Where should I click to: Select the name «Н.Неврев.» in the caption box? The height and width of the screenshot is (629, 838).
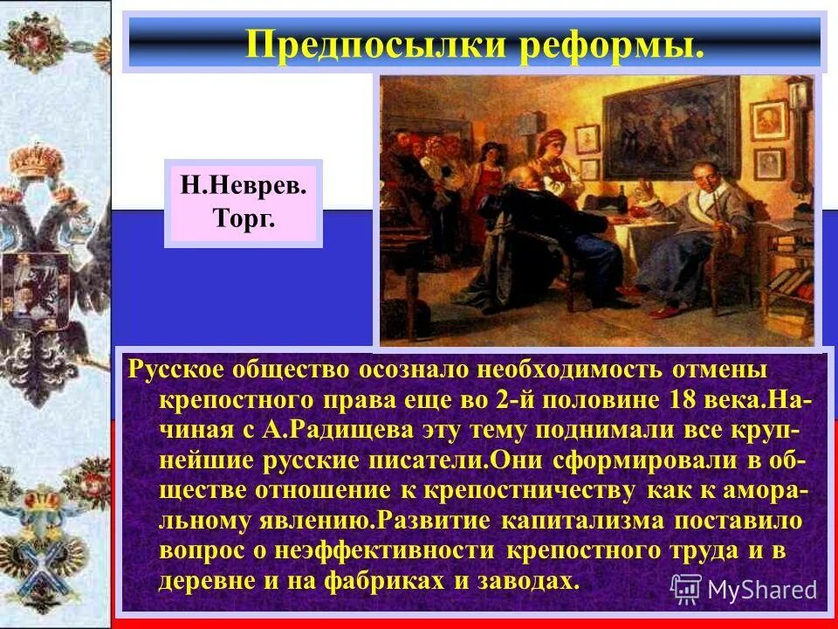[x=244, y=185]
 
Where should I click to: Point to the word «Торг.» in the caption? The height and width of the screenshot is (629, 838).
[x=244, y=218]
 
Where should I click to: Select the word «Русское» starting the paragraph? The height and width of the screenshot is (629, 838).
[x=179, y=368]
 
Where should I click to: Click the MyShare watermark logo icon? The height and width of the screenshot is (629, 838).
[x=686, y=588]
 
